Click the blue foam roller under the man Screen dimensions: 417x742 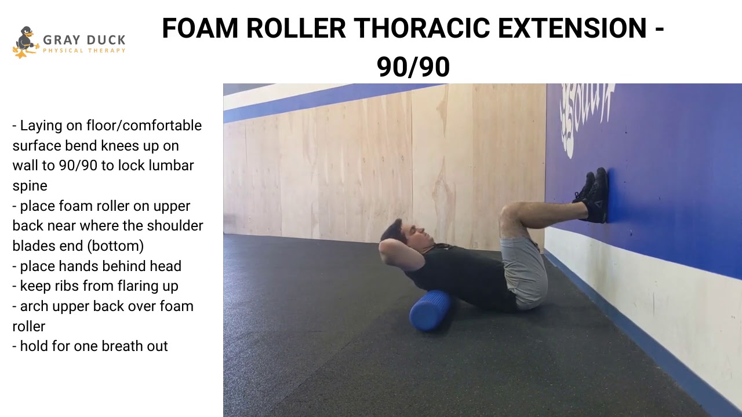[x=431, y=310]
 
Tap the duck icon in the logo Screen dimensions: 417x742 [x=25, y=42]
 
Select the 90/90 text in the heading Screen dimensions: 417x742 [x=413, y=67]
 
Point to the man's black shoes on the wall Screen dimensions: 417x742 [x=594, y=195]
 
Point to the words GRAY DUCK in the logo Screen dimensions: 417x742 [x=84, y=40]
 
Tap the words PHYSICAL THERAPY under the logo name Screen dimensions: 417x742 [x=84, y=51]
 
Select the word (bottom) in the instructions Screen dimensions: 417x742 [x=115, y=246]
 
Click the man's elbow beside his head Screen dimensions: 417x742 [x=384, y=249]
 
